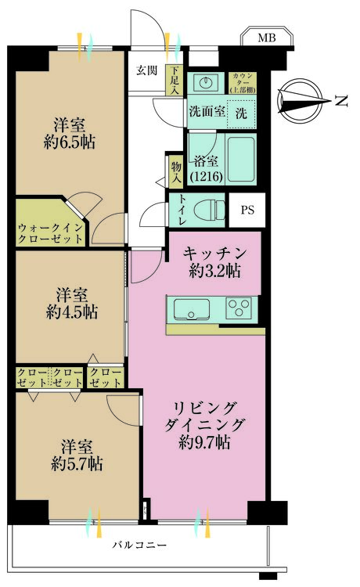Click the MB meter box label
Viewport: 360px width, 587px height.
tap(267, 38)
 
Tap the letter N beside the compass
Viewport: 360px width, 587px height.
tap(341, 101)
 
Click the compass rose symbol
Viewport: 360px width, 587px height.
tap(300, 101)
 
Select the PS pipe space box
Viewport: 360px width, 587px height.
tap(247, 210)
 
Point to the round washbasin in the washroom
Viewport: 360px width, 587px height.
tap(206, 83)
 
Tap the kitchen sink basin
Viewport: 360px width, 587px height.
tap(191, 309)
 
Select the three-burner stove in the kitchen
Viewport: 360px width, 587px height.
tap(239, 308)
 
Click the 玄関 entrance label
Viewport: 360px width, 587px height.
tap(146, 70)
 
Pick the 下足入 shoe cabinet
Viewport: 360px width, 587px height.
tap(175, 80)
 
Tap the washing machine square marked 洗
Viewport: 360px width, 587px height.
tap(241, 113)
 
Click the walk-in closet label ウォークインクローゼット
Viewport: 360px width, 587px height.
tap(50, 233)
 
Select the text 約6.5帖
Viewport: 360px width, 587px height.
tap(69, 142)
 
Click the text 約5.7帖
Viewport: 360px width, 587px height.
tap(77, 464)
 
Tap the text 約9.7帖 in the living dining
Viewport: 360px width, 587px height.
tap(204, 443)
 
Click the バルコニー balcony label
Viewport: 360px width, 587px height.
tap(139, 545)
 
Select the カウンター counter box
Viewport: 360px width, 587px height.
tap(243, 83)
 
